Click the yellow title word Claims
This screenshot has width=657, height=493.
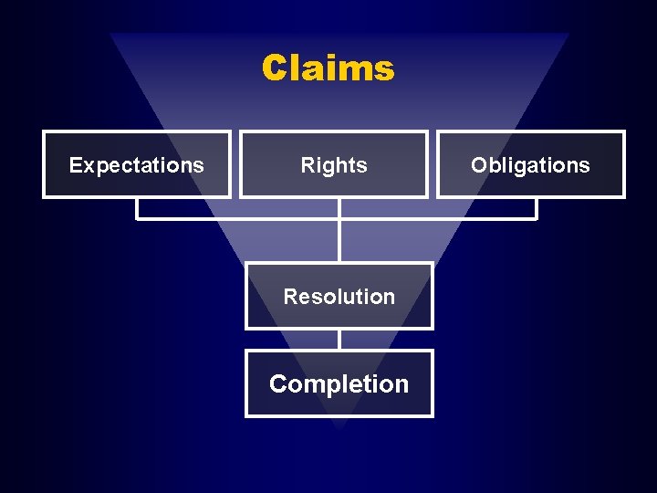tap(328, 68)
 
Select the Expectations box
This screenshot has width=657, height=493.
tap(137, 164)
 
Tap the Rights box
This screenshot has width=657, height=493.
tap(334, 164)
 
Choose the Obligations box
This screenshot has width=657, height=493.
tap(530, 164)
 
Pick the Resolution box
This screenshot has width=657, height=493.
tap(339, 296)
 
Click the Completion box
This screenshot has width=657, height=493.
tap(339, 383)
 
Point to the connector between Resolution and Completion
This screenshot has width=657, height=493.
tap(339, 340)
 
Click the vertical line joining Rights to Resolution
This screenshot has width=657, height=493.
tap(339, 241)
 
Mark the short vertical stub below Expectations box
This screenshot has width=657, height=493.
tap(137, 209)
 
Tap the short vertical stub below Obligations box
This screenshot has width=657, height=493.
tap(537, 209)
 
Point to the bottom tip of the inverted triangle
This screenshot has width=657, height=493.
tap(339, 427)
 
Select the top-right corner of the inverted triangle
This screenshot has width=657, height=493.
tap(568, 35)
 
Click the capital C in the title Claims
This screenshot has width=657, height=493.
tap(276, 68)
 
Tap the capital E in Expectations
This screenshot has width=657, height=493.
tap(76, 165)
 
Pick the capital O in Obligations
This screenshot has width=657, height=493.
tap(479, 165)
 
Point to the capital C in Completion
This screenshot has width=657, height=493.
tap(278, 384)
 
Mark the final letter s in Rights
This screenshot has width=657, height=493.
tap(362, 166)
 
